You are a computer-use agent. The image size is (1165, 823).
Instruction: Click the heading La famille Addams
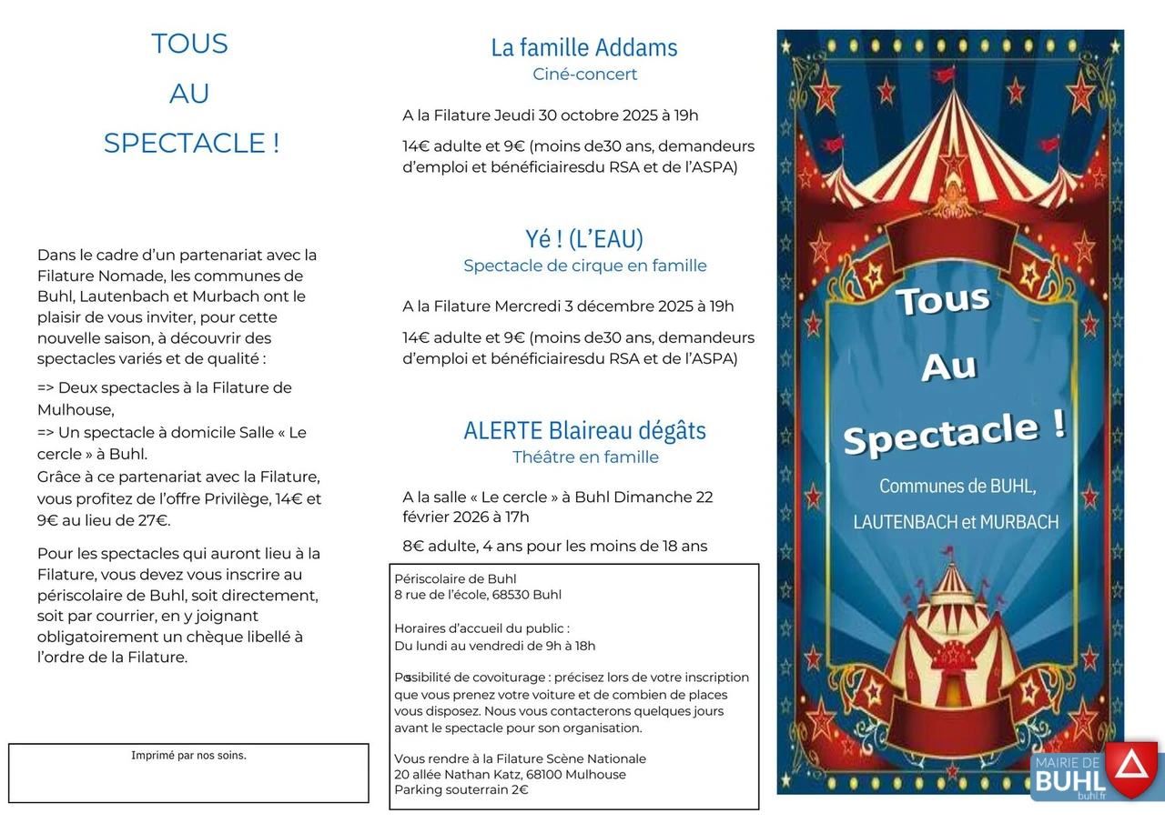coord(584,47)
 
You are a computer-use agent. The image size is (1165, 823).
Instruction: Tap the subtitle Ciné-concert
coord(584,75)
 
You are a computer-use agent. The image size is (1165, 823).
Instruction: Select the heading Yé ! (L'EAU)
coord(584,239)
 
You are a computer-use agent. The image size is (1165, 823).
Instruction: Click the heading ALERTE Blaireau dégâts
coord(584,430)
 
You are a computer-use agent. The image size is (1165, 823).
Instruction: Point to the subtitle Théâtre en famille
coord(584,457)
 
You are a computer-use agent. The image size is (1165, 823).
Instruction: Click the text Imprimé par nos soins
coord(188,756)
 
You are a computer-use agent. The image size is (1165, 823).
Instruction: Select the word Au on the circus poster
coord(948,366)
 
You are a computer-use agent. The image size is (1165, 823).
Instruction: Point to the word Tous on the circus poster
coord(942,301)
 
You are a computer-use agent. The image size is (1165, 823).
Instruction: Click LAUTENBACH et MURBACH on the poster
coord(956,523)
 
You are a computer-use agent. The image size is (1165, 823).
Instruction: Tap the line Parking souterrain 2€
coord(461,790)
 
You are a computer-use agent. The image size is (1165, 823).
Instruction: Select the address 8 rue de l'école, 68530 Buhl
coord(478,596)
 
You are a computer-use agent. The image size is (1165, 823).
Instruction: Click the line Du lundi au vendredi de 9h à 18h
coord(494,647)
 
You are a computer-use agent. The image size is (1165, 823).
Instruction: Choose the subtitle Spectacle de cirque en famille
coord(584,266)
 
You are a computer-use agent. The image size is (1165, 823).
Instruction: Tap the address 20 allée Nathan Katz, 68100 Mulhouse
coord(510,775)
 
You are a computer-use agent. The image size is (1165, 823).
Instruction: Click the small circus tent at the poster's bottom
coord(951,637)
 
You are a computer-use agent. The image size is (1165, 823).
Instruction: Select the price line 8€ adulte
coord(439,547)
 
